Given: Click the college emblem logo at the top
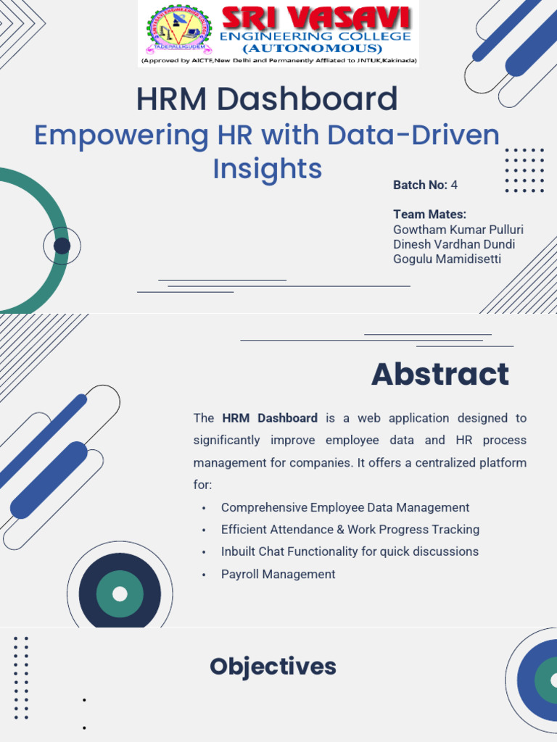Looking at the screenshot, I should pyautogui.click(x=179, y=30).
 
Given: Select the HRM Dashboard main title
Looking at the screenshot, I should pyautogui.click(x=267, y=99).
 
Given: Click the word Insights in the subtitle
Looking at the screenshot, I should pyautogui.click(x=267, y=168).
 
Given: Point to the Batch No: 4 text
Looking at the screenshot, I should pyautogui.click(x=425, y=185).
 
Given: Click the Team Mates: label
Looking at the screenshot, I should pyautogui.click(x=429, y=214).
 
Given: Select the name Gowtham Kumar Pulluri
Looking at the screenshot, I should pyautogui.click(x=458, y=230).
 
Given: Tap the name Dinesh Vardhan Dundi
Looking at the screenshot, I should pyautogui.click(x=453, y=244).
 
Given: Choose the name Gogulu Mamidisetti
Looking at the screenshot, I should pyautogui.click(x=447, y=259).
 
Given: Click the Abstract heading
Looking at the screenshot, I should pyautogui.click(x=440, y=375).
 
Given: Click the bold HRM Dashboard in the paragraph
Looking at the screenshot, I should pyautogui.click(x=270, y=418).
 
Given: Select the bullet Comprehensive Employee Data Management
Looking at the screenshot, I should pyautogui.click(x=344, y=508).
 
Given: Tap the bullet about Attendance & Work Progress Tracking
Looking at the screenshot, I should pyautogui.click(x=350, y=530).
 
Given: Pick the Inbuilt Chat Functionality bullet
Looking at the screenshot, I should pyautogui.click(x=350, y=551).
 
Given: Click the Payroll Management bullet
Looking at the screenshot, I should pyautogui.click(x=278, y=575).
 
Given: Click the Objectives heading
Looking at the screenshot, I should pyautogui.click(x=273, y=667).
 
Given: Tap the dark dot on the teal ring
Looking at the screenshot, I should pyautogui.click(x=62, y=246).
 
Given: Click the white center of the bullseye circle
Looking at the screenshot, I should pyautogui.click(x=120, y=594).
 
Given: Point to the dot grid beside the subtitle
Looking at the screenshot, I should pyautogui.click(x=524, y=171).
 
